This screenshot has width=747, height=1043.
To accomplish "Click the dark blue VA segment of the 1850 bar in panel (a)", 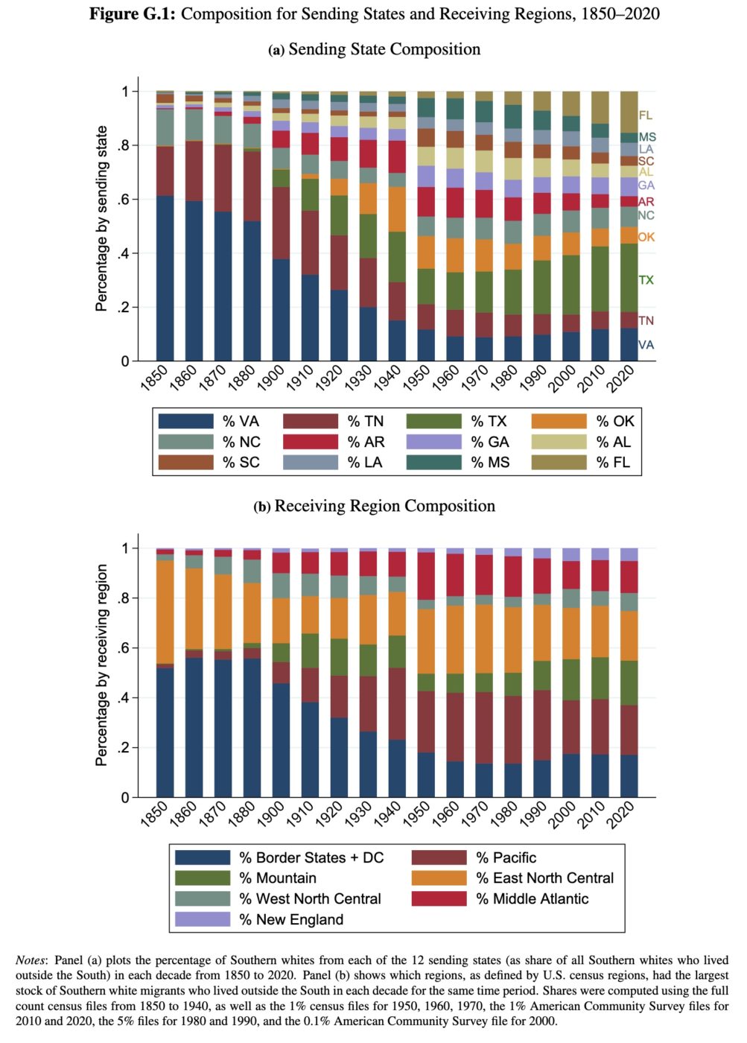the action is (x=165, y=278).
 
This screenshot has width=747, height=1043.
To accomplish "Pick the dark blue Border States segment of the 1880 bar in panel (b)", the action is (x=252, y=728).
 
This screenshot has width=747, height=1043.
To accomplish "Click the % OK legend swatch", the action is (x=559, y=421).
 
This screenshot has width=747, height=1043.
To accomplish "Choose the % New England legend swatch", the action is (x=203, y=919).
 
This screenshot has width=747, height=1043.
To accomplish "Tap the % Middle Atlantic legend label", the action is (x=532, y=898).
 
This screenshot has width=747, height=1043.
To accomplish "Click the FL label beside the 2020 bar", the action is (x=646, y=115).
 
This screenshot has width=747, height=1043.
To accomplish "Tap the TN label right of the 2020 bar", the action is (x=646, y=320).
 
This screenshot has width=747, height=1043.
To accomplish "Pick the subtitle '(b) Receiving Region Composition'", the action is (x=374, y=506).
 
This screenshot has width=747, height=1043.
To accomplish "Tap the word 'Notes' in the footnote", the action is (x=31, y=960).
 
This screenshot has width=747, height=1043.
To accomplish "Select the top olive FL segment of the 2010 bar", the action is (x=600, y=107).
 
